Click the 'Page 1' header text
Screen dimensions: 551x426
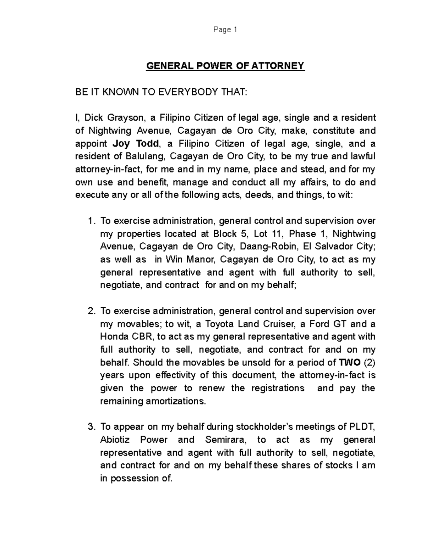click(x=225, y=30)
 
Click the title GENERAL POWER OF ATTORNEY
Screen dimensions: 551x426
click(x=225, y=66)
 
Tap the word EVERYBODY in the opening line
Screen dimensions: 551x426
click(x=188, y=92)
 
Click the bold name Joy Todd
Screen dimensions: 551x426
click(x=136, y=144)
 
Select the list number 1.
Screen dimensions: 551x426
click(x=91, y=221)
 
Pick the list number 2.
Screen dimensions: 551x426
click(x=91, y=311)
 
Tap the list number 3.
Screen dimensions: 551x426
click(x=91, y=427)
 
